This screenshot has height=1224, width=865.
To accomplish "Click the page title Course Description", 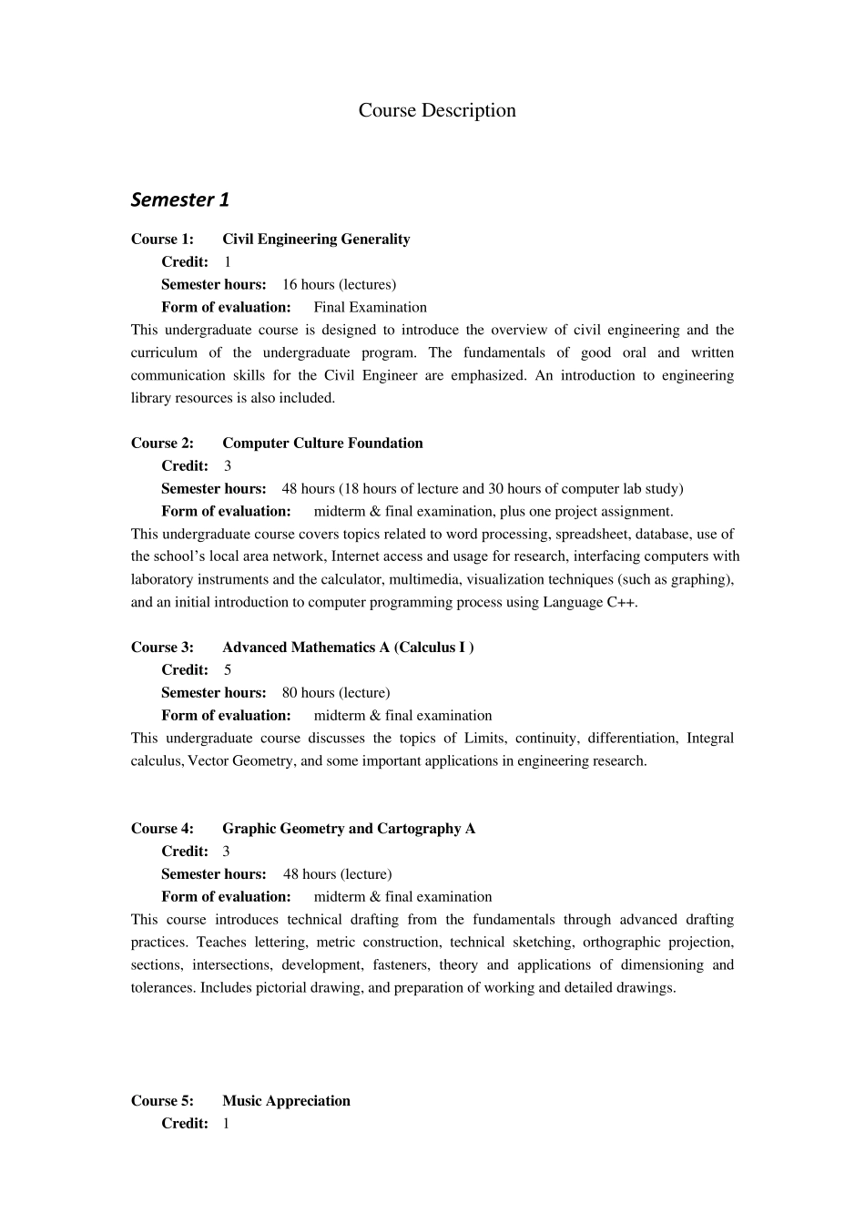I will [x=437, y=110].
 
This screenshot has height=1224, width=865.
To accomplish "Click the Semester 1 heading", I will [x=180, y=199].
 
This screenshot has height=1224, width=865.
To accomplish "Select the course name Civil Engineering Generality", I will [x=316, y=240].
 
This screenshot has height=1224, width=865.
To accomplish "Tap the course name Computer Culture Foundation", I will [x=322, y=444].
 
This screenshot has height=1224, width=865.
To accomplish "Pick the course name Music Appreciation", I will [x=286, y=1101].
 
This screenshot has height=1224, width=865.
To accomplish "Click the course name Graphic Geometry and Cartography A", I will [x=349, y=829].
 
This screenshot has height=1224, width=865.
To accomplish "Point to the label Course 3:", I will [x=162, y=648].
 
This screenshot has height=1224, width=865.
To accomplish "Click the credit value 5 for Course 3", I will [x=228, y=670].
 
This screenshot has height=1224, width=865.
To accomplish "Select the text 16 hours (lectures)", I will [x=339, y=285].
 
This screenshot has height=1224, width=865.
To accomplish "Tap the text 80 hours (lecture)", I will [x=336, y=693].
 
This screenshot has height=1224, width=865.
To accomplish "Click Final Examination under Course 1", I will [x=371, y=308].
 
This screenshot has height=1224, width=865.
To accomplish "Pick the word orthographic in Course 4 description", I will [x=619, y=943].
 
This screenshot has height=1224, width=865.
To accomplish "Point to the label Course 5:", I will [x=162, y=1101].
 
